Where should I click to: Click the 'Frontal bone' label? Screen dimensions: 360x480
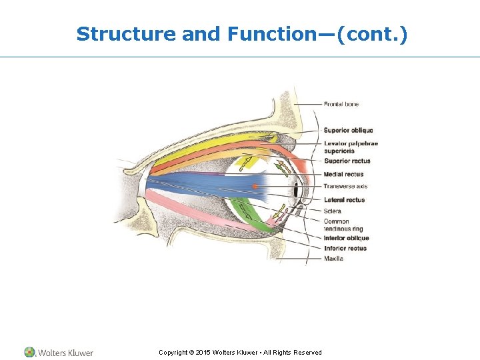341,104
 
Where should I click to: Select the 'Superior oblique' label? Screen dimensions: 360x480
348,130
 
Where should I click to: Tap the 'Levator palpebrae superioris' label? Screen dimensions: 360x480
351,147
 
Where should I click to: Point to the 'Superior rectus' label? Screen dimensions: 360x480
347,161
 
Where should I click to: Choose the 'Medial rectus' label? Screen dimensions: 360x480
343,174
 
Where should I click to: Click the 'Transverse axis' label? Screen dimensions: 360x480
345,186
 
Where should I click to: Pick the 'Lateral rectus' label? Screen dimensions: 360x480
344,199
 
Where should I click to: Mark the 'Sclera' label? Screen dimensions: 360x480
333,211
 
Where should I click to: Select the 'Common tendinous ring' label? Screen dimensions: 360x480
340,225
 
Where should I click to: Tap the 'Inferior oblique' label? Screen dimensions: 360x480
346,238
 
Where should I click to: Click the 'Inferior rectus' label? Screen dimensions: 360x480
345,248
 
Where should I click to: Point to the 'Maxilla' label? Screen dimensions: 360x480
334,258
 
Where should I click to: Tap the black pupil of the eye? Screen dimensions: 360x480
295,191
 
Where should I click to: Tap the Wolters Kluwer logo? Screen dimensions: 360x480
59,352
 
